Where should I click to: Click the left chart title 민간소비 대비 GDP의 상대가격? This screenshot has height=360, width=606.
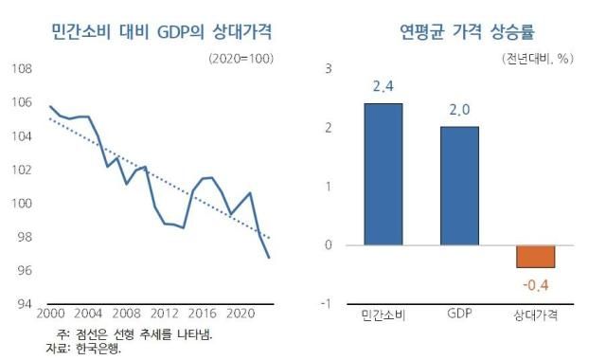[x=161, y=31]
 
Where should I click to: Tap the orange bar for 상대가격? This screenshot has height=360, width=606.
[x=535, y=256]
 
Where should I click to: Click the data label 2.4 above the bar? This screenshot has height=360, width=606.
[x=383, y=87]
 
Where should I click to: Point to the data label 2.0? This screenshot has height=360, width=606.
[x=459, y=111]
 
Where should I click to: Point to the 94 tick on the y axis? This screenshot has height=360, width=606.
[x=26, y=304]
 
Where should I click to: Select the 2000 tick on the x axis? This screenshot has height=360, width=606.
[x=50, y=315]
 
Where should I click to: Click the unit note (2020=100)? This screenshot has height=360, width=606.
[x=242, y=58]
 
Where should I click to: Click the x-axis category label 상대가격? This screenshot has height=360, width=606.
[x=536, y=315]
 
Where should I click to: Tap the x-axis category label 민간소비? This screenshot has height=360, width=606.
[x=383, y=315]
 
